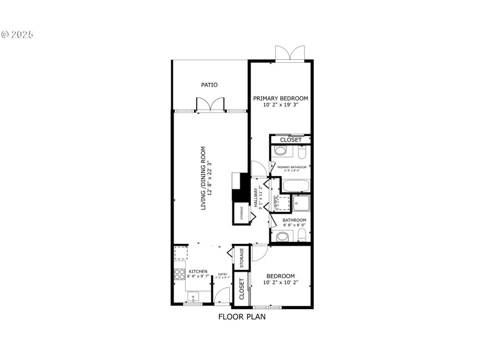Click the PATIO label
[209, 85]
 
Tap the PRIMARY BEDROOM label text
[280, 98]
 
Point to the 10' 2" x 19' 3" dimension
[280, 105]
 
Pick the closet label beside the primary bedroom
[290, 140]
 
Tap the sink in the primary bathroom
[281, 151]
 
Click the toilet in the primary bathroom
[302, 151]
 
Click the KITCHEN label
[198, 272]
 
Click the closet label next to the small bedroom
[241, 289]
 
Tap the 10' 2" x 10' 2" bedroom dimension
[280, 282]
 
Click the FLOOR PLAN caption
[241, 316]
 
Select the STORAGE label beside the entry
[241, 258]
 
